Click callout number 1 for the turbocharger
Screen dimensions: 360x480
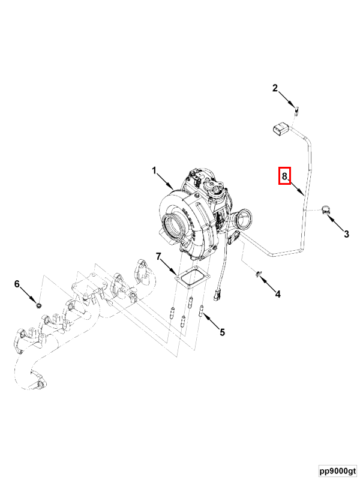154,170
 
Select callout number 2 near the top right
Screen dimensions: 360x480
275,88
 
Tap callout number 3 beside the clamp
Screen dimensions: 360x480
346,234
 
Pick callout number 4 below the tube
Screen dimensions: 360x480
278,294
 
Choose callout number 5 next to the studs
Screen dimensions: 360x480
223,332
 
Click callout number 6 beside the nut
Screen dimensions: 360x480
17,284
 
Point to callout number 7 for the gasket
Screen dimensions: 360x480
158,257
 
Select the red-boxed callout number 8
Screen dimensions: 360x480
284,176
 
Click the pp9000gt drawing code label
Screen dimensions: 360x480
338,470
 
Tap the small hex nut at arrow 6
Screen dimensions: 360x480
38,305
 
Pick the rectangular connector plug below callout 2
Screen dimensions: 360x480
280,130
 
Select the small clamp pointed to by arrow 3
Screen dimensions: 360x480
326,211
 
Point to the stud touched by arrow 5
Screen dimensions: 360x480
202,311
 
